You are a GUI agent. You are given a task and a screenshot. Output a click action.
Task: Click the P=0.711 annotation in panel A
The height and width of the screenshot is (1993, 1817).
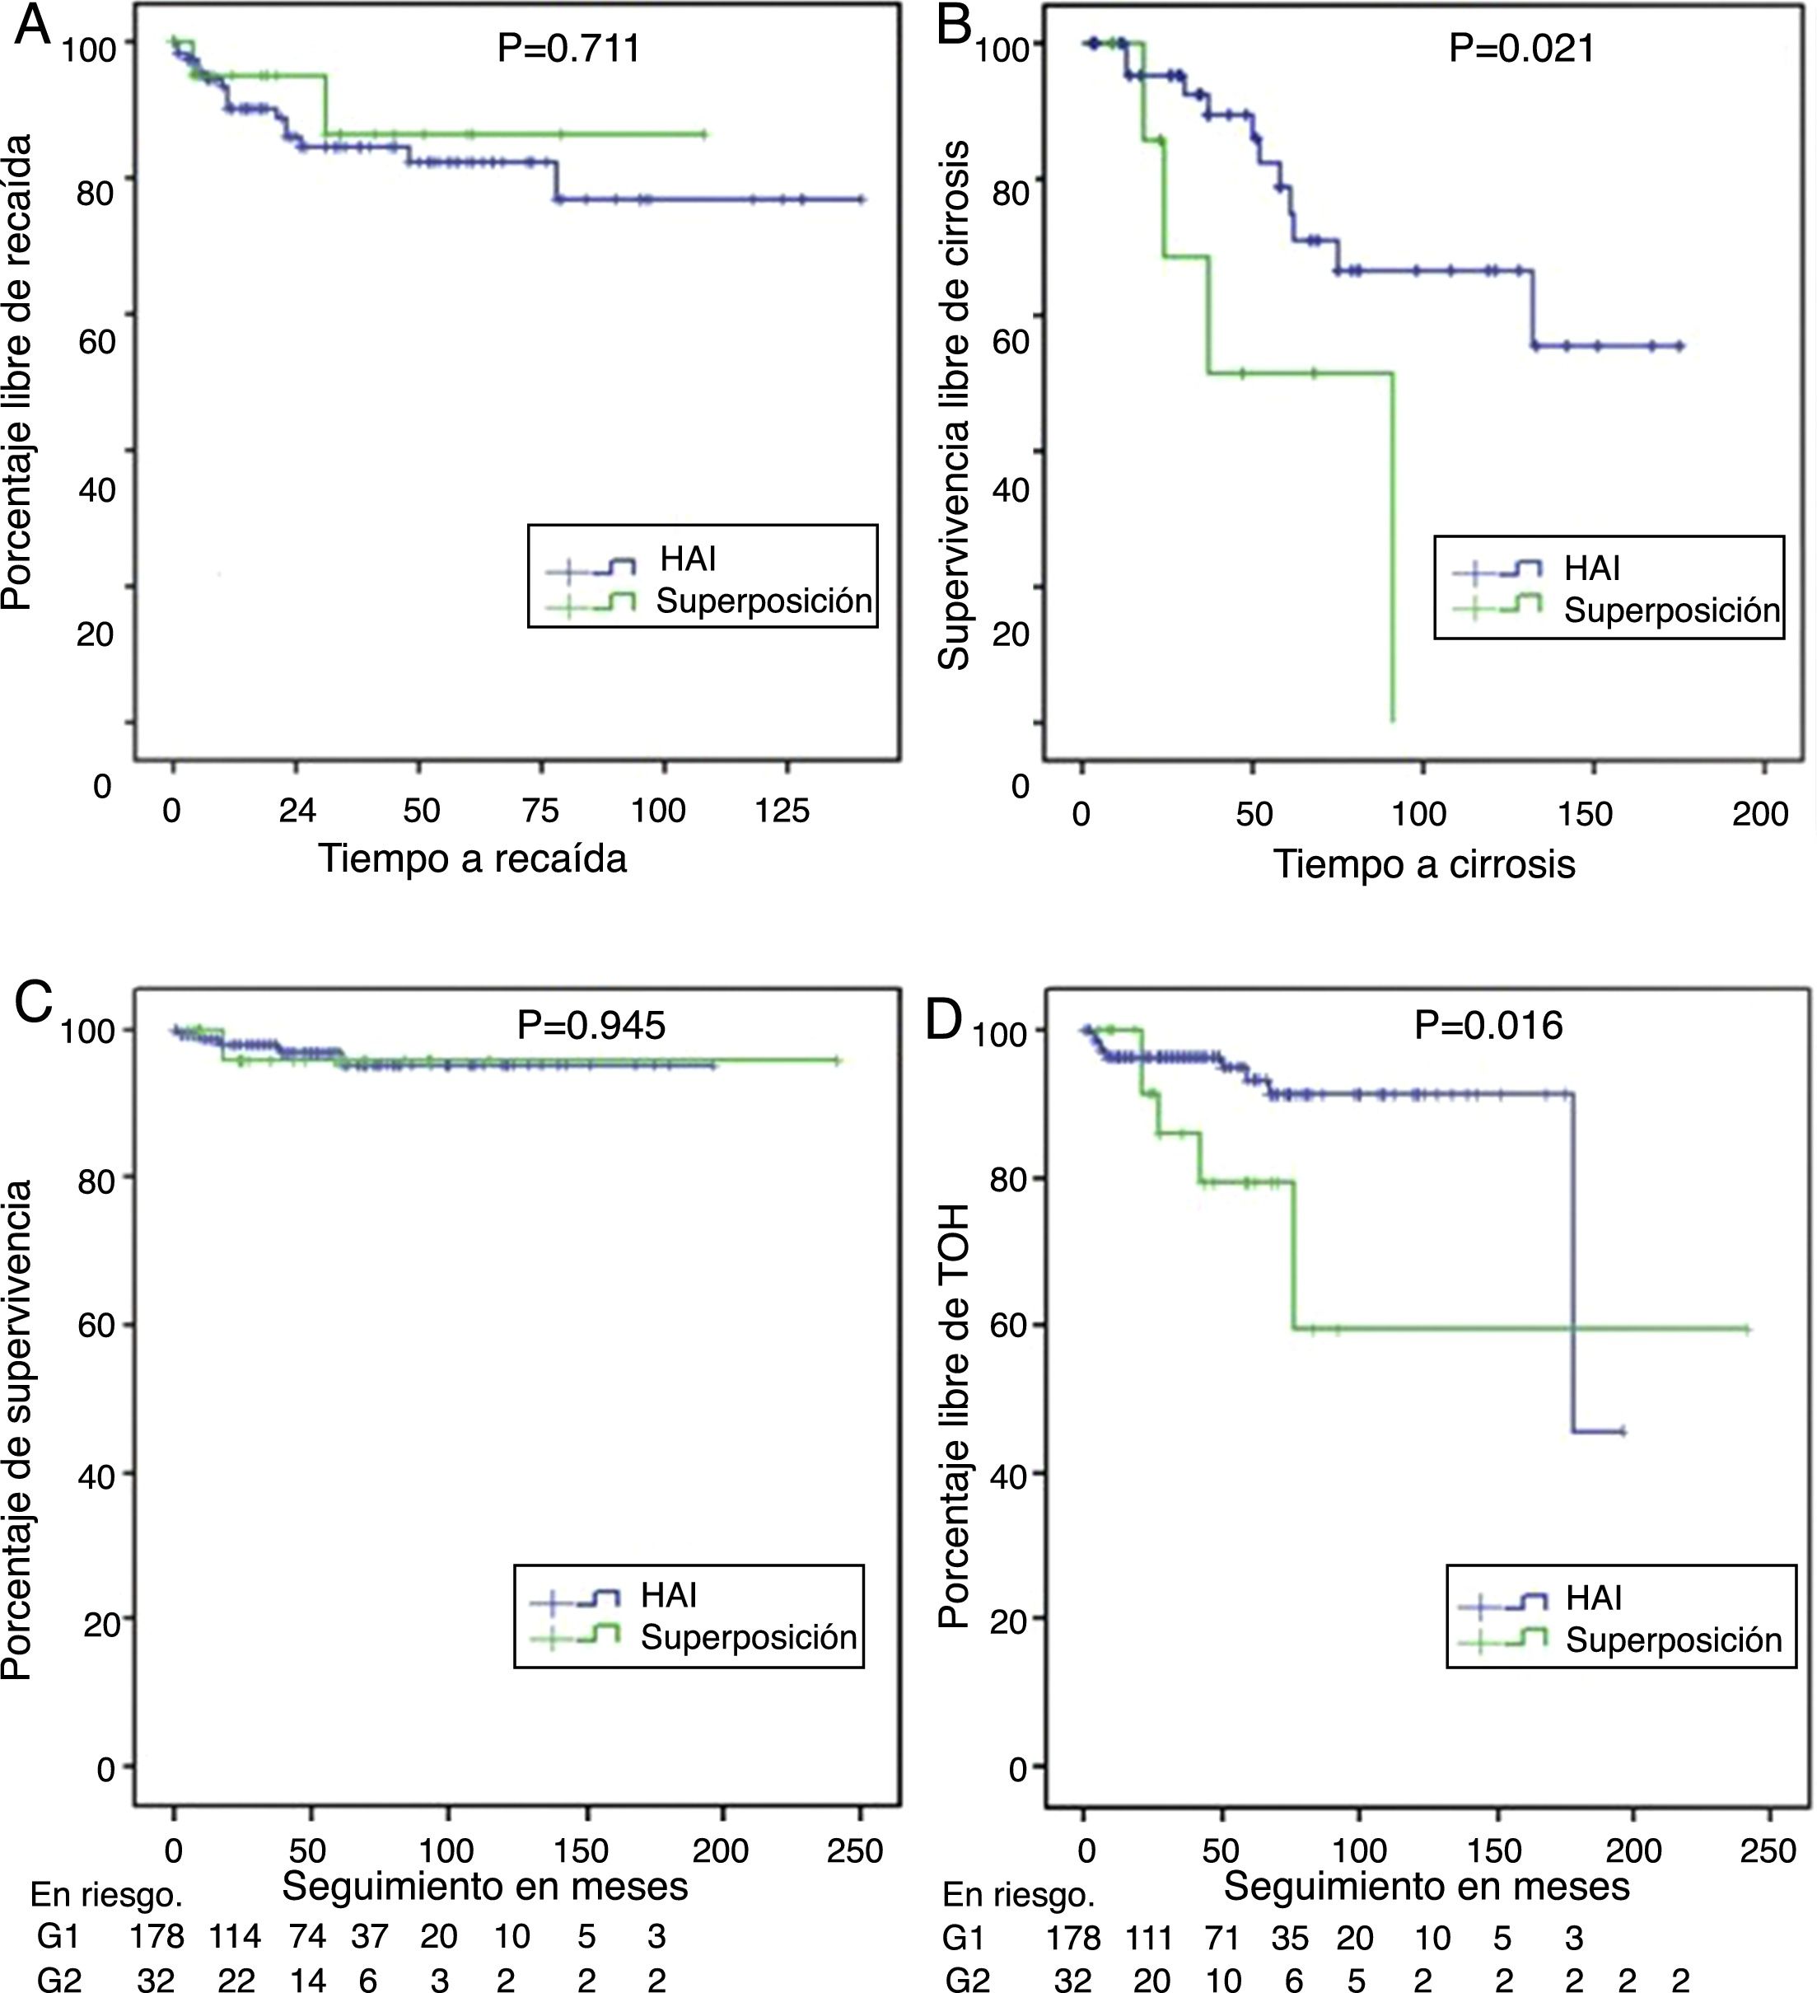[x=568, y=48]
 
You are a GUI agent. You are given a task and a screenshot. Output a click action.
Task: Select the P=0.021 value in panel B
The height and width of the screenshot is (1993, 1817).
[x=1521, y=48]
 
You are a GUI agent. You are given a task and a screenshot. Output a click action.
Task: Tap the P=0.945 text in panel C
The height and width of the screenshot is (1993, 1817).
[x=591, y=1025]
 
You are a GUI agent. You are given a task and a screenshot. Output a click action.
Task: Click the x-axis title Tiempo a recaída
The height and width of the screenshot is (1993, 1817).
[x=473, y=858]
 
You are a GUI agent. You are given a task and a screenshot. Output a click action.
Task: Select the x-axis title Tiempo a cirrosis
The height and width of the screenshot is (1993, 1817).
[x=1423, y=864]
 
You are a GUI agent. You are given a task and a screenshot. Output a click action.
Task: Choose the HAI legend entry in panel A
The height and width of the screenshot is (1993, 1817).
[x=688, y=559]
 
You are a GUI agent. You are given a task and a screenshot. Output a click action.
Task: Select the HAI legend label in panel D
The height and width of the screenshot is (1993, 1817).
[x=1594, y=1598]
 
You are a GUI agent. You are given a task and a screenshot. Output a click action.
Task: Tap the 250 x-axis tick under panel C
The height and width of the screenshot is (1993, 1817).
[x=855, y=1850]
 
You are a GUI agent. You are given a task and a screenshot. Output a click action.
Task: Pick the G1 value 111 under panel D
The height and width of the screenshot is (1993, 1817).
[x=1149, y=1939]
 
